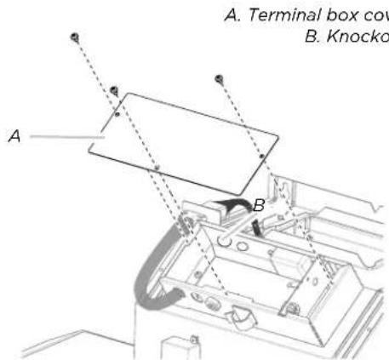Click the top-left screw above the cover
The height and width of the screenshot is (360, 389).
[75, 38]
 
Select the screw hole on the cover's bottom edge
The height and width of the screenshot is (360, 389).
[157, 167]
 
